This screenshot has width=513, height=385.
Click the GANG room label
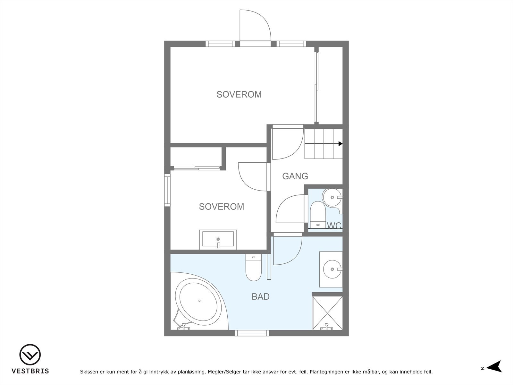click(295, 176)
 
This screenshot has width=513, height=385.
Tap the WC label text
click(334, 226)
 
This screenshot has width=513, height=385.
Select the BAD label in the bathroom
click(260, 297)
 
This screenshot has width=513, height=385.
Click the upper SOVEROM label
click(239, 95)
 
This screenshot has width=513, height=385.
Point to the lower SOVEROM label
click(221, 207)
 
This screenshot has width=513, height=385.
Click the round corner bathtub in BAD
click(199, 301)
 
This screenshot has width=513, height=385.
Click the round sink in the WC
click(332, 197)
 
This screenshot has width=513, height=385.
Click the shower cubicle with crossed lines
click(327, 313)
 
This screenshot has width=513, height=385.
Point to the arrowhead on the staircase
click(341, 144)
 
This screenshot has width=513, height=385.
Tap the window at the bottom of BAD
click(252, 333)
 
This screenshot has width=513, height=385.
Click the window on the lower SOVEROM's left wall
click(167, 190)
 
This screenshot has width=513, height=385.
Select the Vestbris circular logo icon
click(30, 355)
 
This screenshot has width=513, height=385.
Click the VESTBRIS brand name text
click(30, 371)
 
